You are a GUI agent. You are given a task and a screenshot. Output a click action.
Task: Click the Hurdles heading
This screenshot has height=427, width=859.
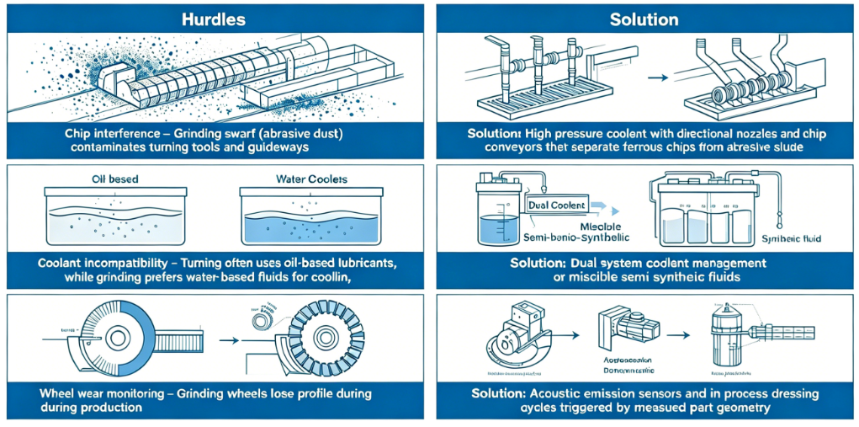(x=215, y=19)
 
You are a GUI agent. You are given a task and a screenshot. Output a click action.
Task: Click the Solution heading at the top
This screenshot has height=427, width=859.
(x=644, y=19)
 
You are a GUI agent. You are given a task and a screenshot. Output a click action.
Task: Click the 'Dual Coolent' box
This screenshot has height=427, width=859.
(x=558, y=205)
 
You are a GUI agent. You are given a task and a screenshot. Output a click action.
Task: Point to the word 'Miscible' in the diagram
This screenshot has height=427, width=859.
(x=604, y=226)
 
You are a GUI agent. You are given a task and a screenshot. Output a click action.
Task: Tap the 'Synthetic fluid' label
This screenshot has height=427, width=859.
(x=802, y=238)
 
